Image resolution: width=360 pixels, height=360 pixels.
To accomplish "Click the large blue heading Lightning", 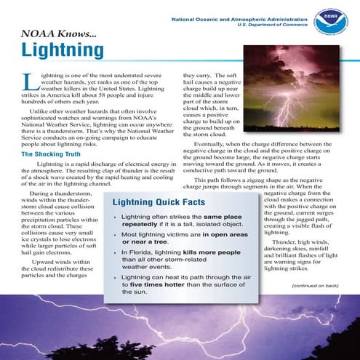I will click(x=63, y=50).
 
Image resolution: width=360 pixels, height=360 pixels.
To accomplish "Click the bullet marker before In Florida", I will click(x=115, y=252).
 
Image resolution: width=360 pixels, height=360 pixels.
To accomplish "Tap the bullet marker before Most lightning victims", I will click(x=115, y=235).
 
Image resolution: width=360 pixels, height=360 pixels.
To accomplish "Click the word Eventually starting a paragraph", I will click(x=213, y=145).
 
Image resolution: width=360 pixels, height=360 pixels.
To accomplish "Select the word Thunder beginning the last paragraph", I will click(x=286, y=241).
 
